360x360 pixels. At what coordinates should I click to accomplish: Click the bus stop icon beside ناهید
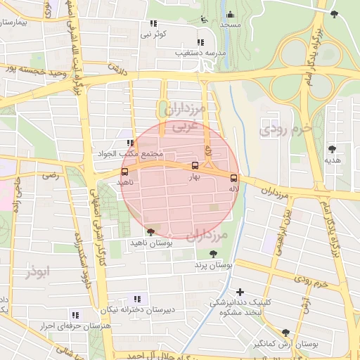point(125,172)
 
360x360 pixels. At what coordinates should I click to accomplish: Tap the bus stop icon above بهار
point(195,166)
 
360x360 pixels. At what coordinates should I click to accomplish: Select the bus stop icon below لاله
point(234,178)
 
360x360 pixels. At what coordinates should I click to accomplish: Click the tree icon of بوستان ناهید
point(150,231)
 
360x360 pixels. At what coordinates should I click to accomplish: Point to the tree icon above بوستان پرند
point(213,254)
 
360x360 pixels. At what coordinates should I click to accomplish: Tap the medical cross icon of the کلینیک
point(240,291)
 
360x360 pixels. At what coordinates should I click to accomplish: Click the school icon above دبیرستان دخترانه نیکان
point(136,298)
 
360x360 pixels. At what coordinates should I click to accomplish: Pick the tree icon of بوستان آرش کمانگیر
point(285,333)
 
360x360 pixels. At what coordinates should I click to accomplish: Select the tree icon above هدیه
point(332,148)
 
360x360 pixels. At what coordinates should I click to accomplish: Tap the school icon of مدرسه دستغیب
point(202,42)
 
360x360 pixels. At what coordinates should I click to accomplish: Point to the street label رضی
point(51,175)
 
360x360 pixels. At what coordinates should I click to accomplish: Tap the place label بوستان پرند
point(213,266)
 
